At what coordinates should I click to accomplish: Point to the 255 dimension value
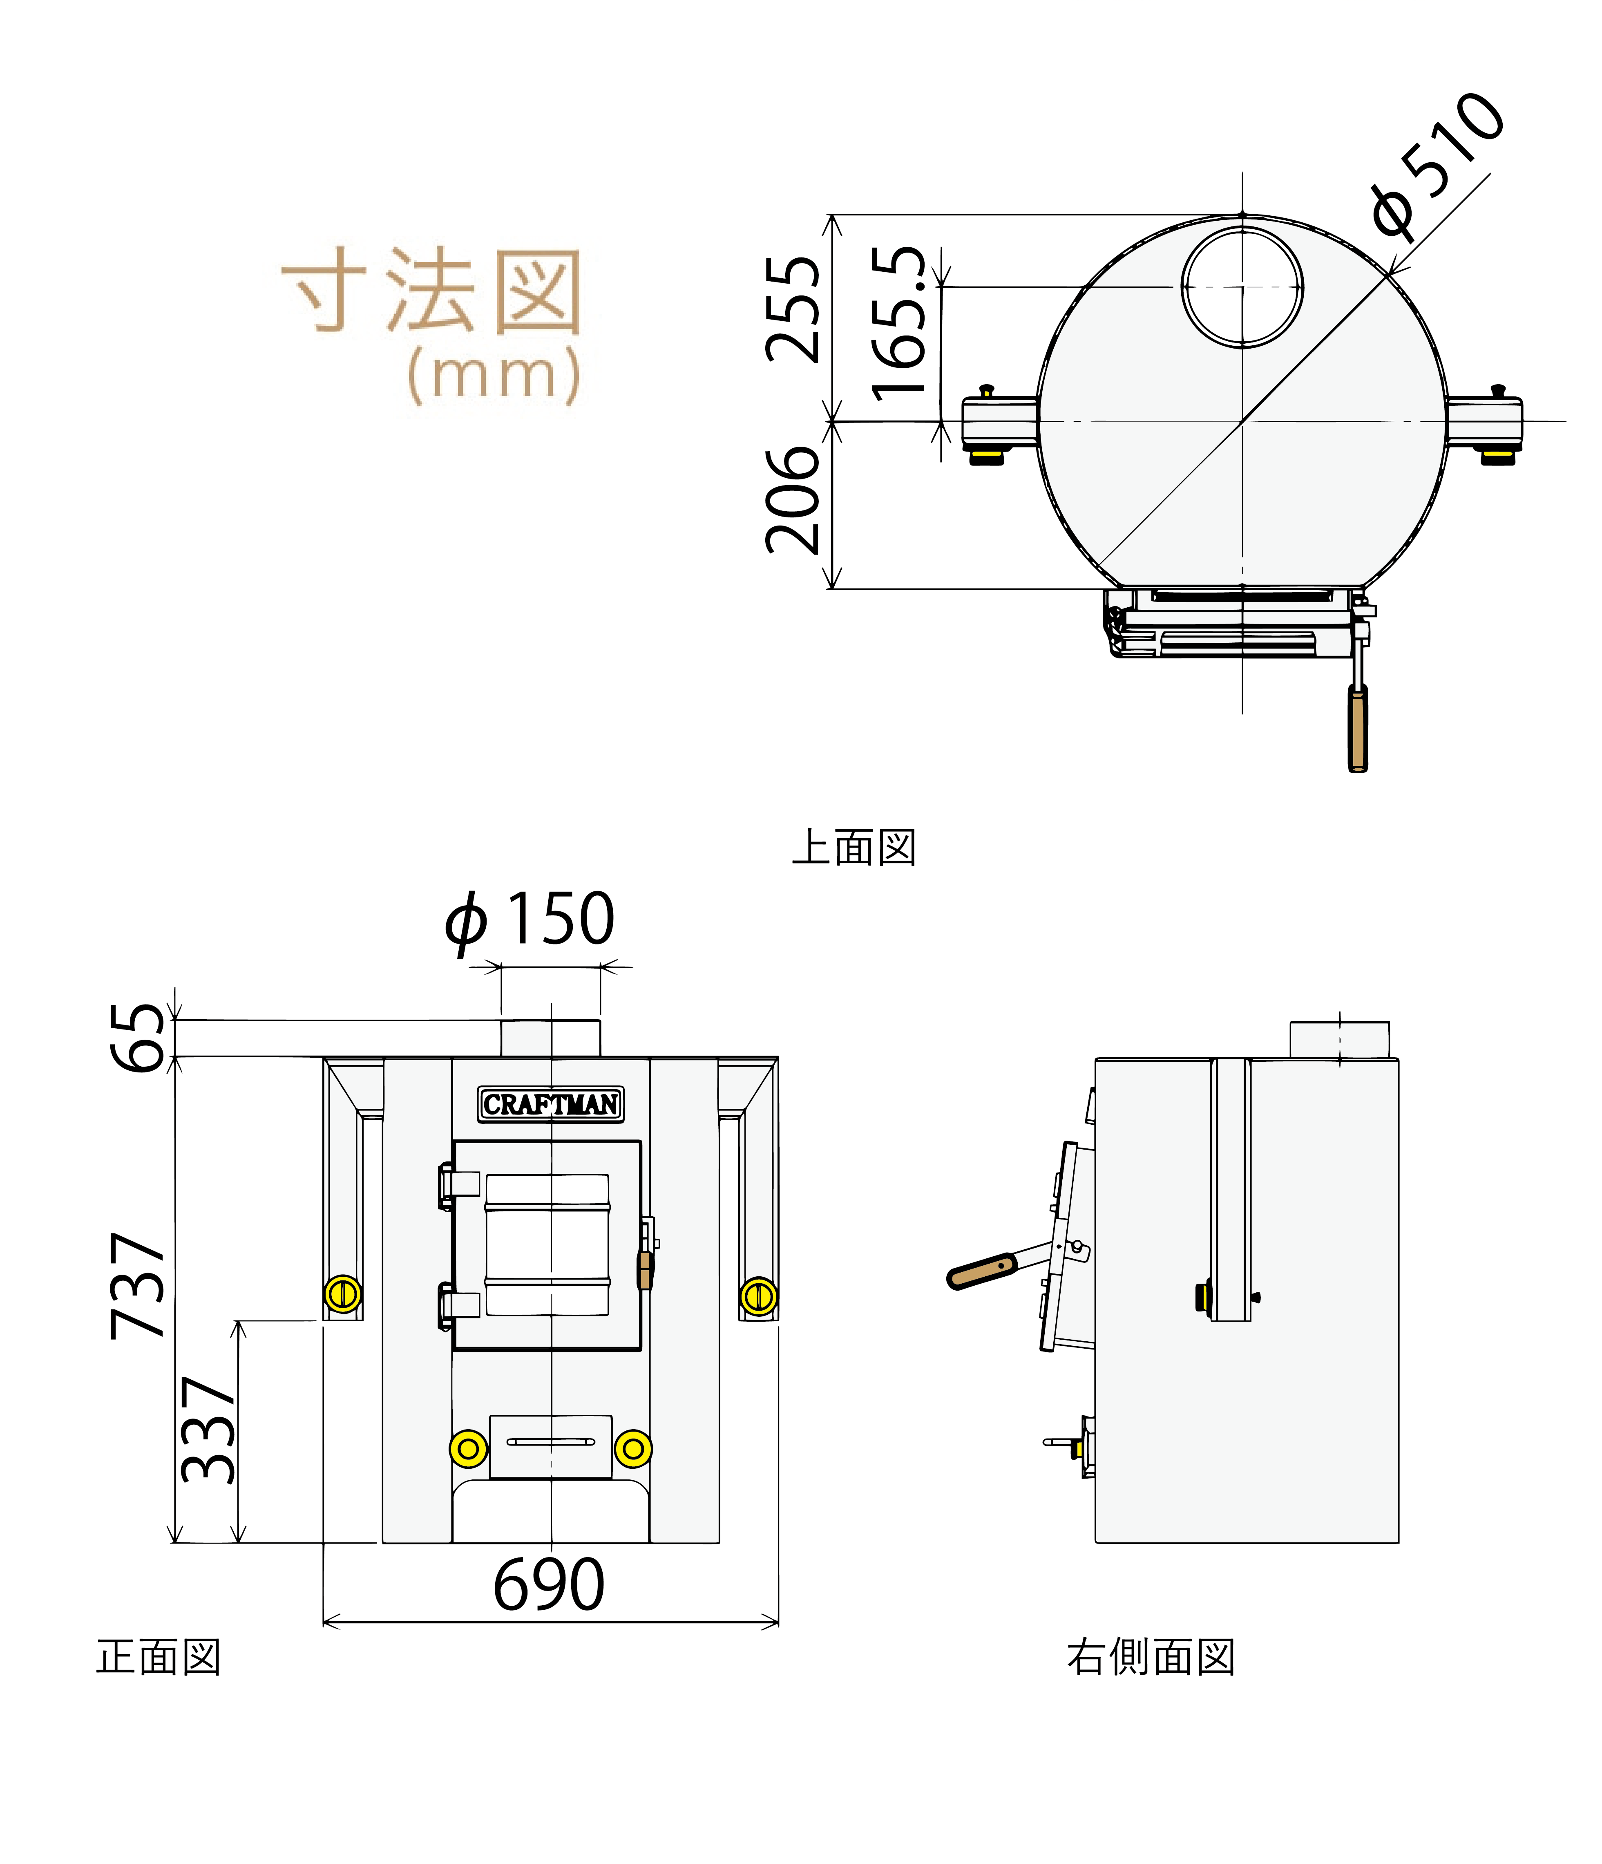click(x=793, y=310)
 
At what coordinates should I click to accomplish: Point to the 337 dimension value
click(x=209, y=1430)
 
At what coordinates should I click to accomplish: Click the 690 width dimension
click(x=549, y=1585)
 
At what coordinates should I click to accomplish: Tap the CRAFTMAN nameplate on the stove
click(x=550, y=1104)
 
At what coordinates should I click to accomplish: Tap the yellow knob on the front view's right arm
click(x=758, y=1296)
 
